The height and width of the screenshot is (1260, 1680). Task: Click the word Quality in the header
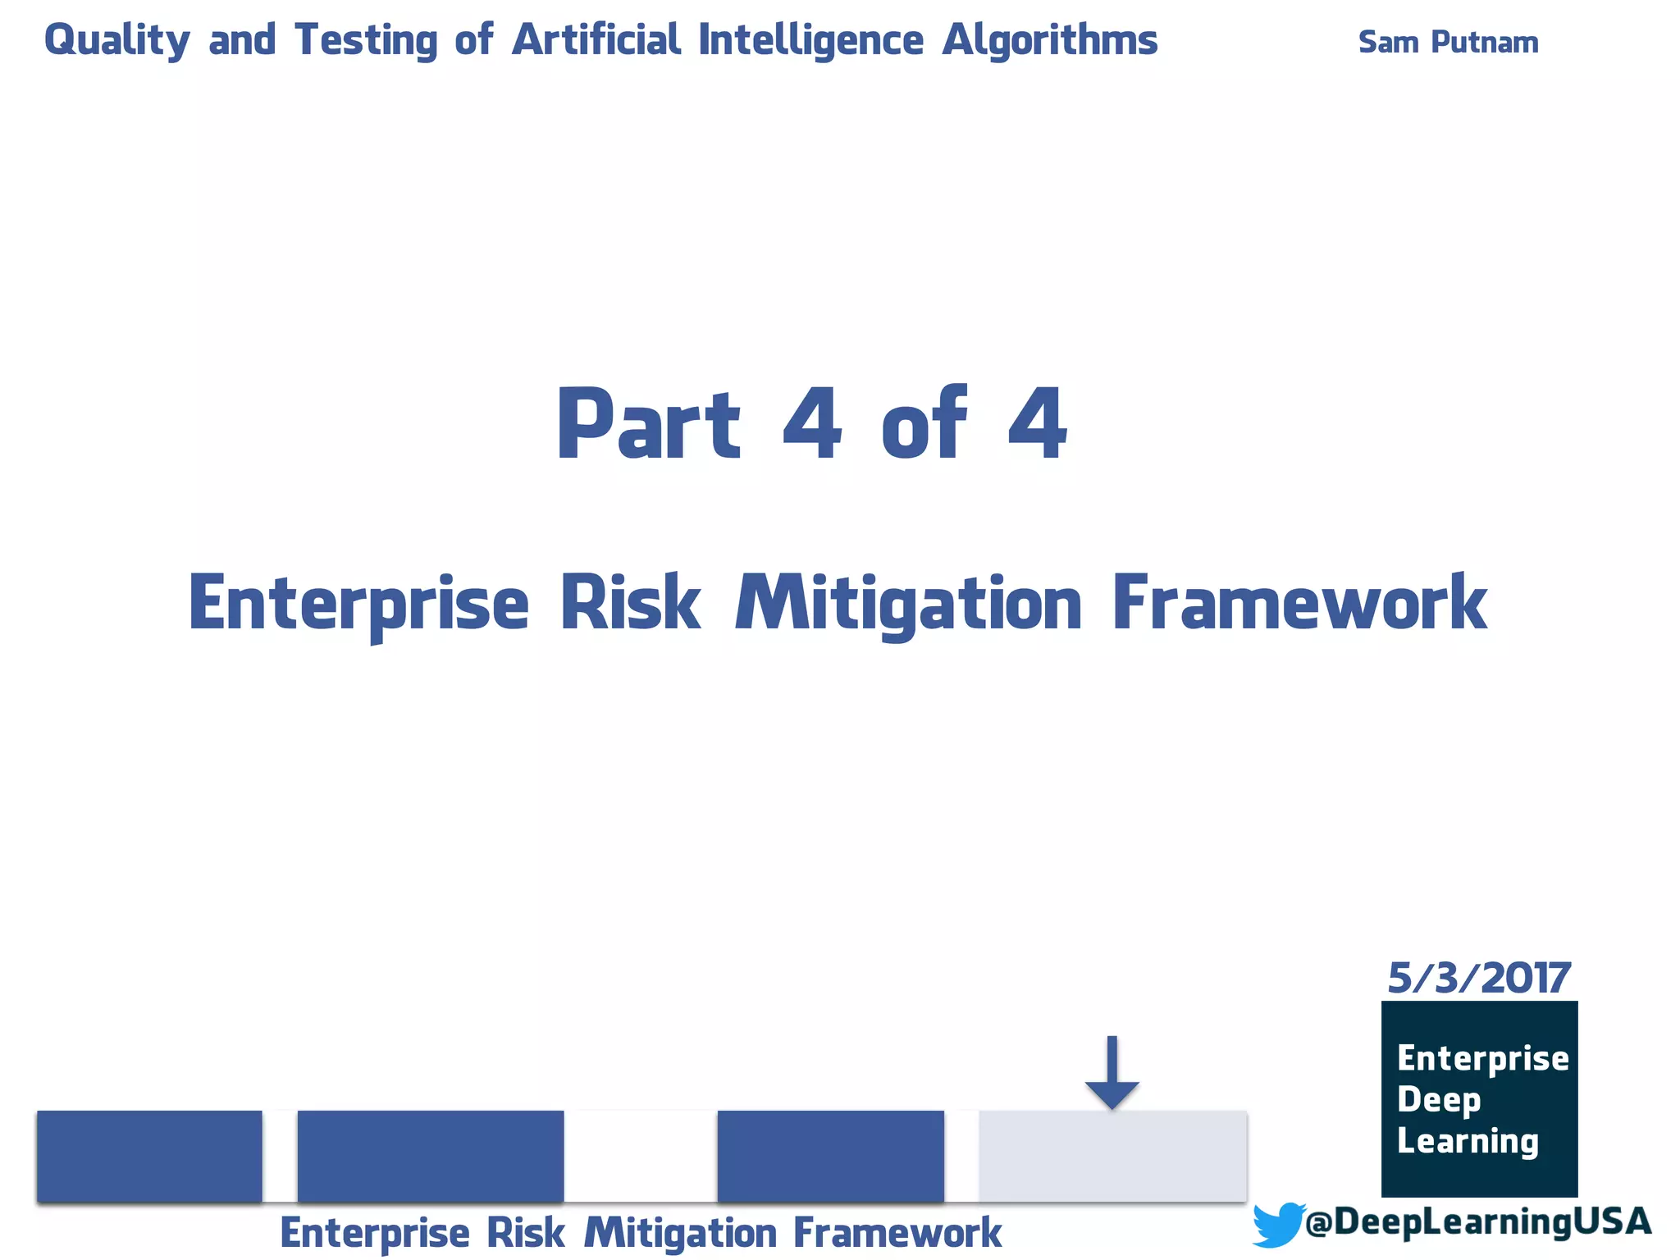coord(116,40)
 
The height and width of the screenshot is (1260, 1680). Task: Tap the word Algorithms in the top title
coord(1049,40)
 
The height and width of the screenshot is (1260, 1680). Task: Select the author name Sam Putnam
coord(1448,42)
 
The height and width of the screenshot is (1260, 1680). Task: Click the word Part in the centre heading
coord(648,425)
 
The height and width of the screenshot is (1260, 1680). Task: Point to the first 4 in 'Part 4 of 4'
coord(812,425)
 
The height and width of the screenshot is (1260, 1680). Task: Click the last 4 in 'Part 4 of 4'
coord(1037,425)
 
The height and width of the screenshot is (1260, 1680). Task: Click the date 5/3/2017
coord(1478,978)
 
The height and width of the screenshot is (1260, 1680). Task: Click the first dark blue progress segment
coord(149,1156)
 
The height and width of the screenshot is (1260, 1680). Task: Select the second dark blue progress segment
coord(430,1156)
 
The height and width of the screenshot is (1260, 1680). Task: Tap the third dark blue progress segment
coord(830,1156)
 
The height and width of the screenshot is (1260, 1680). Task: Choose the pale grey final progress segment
coord(1112,1156)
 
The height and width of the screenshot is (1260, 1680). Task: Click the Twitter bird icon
coord(1277,1224)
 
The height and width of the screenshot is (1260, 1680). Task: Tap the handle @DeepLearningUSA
coord(1477,1221)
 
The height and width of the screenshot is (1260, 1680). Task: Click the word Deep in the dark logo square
coord(1439,1099)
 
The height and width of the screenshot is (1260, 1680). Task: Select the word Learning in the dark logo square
coord(1468,1141)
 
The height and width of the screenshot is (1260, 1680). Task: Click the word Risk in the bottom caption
coord(525,1233)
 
